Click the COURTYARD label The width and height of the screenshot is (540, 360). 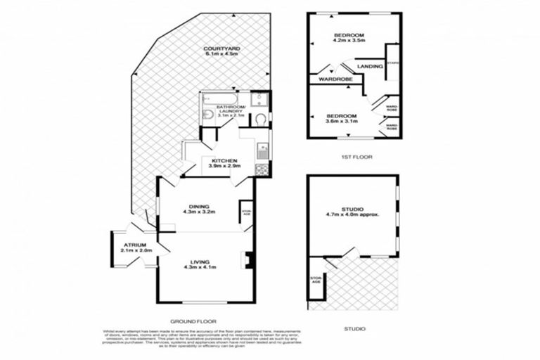222,48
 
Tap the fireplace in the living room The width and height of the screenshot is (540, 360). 245,260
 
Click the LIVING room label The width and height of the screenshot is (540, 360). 200,261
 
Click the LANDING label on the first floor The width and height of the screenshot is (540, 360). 370,66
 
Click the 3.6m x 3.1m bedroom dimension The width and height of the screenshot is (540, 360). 341,122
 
